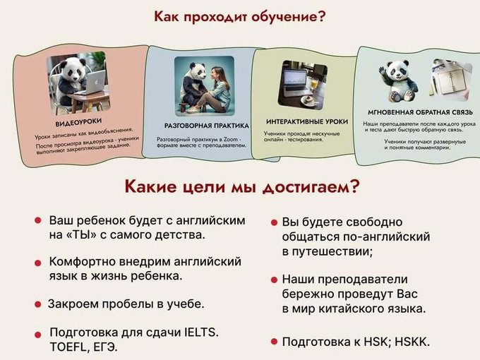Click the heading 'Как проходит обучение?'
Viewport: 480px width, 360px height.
[239, 17]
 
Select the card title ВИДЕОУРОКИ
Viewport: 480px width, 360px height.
[78, 122]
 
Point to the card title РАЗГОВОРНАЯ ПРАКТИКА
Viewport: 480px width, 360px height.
[207, 126]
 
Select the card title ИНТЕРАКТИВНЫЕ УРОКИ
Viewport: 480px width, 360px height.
[307, 121]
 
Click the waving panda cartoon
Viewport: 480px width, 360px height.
[397, 80]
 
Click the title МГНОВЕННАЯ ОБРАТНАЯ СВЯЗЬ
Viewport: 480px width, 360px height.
[420, 112]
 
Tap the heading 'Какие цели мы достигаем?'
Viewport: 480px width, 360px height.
[241, 186]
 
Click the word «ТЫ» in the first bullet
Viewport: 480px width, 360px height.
[81, 235]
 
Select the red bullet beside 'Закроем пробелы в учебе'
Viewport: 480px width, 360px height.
[38, 304]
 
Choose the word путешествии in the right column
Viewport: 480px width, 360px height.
[332, 252]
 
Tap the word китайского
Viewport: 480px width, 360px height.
[352, 308]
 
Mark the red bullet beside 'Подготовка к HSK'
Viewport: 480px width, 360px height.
[275, 342]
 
